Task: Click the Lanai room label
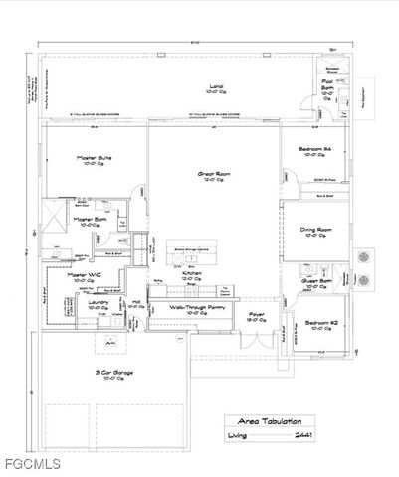coord(214,86)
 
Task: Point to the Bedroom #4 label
coord(313,149)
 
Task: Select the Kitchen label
coord(192,273)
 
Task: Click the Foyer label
coord(256,315)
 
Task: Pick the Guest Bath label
coord(318,281)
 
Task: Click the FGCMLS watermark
coord(31,464)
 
